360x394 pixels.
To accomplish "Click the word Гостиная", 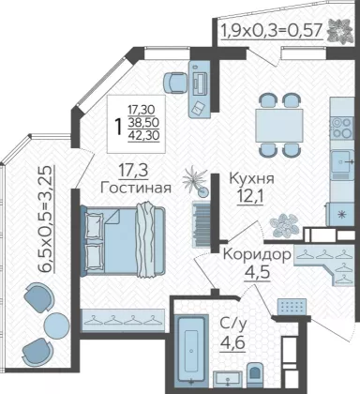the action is click(x=136, y=188).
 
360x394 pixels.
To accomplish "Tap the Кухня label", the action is click(x=252, y=178).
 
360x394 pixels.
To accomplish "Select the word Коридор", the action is click(x=258, y=255).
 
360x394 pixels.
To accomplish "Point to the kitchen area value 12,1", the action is click(x=249, y=197).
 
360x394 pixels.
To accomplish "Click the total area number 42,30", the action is click(x=143, y=135).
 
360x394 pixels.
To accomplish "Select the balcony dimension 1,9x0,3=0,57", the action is click(x=272, y=31).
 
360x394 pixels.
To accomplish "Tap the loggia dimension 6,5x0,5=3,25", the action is click(x=46, y=219).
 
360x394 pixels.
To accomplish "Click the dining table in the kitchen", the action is click(x=279, y=126).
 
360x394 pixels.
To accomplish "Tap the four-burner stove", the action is click(x=342, y=128).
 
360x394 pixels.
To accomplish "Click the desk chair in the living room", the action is click(x=175, y=83).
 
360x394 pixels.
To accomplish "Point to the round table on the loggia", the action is click(x=56, y=325).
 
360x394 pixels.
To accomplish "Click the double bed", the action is click(x=123, y=239).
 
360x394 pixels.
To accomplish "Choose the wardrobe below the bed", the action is click(x=123, y=320).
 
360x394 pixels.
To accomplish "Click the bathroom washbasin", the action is click(x=228, y=379).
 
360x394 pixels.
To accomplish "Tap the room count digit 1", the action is click(x=118, y=127).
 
